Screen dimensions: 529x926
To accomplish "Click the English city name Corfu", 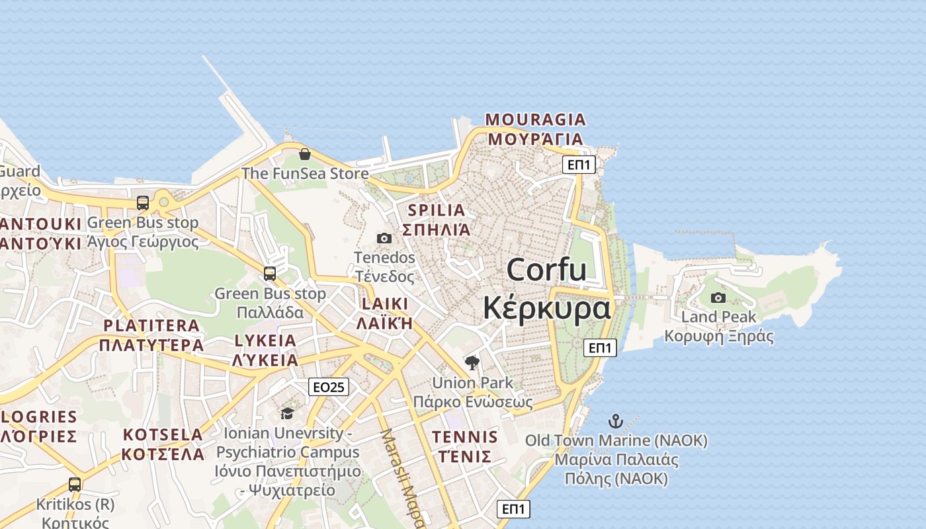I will [546, 270].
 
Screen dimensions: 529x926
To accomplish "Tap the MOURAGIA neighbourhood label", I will [536, 120].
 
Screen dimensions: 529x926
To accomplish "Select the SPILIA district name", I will [437, 210].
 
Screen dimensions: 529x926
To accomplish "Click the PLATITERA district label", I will [151, 325].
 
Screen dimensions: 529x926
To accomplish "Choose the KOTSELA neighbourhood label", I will [163, 435].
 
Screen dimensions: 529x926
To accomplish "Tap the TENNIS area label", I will [464, 437].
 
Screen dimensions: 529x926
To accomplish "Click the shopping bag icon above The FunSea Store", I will [305, 154].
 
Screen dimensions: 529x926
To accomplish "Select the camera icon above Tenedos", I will [384, 238].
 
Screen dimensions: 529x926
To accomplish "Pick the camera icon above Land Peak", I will [718, 298].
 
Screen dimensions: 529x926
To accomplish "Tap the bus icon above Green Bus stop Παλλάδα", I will [270, 273].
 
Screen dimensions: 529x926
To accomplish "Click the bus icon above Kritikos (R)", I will [75, 485].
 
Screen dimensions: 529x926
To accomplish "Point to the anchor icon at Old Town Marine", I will [616, 421].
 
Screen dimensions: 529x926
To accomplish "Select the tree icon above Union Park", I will [472, 362].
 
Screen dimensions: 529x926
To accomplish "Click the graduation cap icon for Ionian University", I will [287, 414].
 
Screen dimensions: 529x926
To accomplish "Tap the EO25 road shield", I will [329, 387].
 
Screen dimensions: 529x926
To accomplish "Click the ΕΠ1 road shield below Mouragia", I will [579, 165].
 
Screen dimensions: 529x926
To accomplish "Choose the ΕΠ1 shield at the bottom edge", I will [513, 509].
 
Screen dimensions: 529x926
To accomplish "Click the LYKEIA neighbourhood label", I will [265, 341].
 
